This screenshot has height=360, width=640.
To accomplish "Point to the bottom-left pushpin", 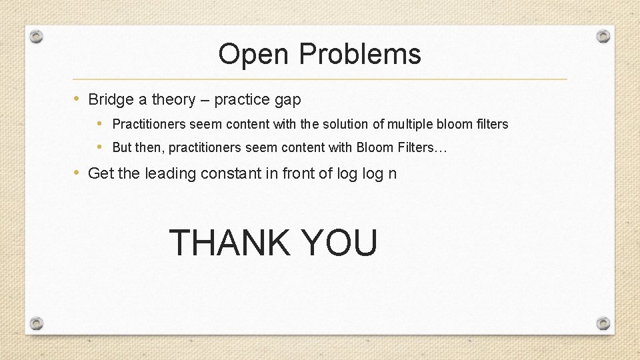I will point(37,323).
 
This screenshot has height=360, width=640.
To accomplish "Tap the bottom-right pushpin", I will point(603,323).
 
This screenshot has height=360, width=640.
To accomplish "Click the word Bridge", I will point(111,100).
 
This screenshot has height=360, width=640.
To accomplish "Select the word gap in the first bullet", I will point(287,101).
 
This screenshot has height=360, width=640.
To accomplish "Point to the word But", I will point(122,147).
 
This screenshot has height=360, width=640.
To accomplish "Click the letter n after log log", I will point(393,174).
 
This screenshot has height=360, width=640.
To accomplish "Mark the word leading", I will point(167,174).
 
